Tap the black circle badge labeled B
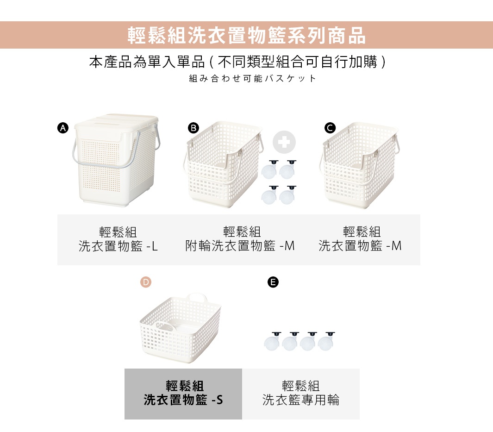(193, 128)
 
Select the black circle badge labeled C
(330, 128)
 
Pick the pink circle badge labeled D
(146, 282)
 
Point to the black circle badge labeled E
(273, 282)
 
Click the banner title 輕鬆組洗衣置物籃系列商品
(246, 35)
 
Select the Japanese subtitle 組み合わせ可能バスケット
(253, 78)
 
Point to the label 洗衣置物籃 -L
(119, 246)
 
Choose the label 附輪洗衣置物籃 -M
(240, 246)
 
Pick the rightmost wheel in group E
(326, 342)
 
